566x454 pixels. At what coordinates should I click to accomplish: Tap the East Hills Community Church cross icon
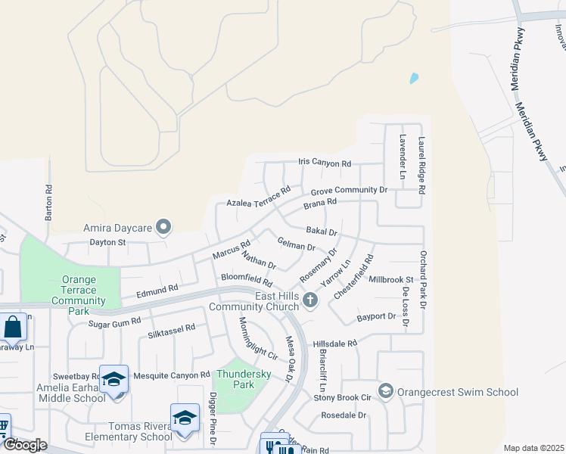[309, 300]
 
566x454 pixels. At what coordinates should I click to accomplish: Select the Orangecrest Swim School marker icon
[386, 391]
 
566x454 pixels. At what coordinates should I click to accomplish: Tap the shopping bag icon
[13, 328]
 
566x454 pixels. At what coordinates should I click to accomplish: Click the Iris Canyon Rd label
[325, 163]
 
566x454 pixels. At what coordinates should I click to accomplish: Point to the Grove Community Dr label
[349, 190]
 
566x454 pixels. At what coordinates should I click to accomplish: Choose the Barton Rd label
[48, 204]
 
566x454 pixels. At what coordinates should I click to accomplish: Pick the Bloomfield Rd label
[246, 278]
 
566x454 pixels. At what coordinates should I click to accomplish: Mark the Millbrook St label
[390, 279]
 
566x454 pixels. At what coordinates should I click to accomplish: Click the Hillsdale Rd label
[334, 344]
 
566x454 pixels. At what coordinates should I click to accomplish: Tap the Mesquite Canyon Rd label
[171, 375]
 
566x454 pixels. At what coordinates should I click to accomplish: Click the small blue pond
[413, 78]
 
